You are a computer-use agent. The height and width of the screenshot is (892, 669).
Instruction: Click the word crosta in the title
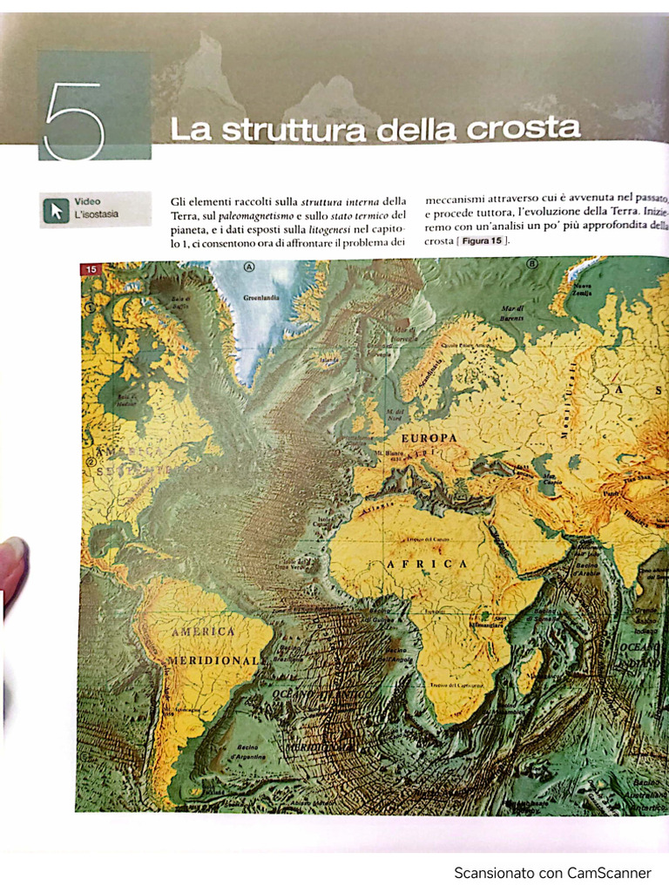(x=523, y=128)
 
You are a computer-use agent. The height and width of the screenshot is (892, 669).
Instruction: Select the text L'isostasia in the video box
(x=97, y=214)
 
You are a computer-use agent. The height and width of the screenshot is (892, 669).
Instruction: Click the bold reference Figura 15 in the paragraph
(x=482, y=240)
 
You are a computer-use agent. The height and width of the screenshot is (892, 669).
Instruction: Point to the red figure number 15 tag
(x=91, y=269)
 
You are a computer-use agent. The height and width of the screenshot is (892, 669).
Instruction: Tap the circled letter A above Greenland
(x=250, y=266)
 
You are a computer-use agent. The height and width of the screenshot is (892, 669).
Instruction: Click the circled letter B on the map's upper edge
(x=532, y=263)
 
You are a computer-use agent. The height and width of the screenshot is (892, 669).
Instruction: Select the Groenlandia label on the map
(x=261, y=297)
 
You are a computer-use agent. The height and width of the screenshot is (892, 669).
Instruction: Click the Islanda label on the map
(x=328, y=359)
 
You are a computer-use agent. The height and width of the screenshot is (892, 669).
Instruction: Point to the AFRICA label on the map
(x=427, y=564)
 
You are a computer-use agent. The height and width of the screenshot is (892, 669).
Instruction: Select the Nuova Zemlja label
(x=581, y=289)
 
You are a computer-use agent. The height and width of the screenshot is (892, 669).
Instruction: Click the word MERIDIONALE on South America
(x=214, y=661)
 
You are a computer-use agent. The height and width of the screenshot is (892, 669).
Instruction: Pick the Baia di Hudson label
(x=132, y=401)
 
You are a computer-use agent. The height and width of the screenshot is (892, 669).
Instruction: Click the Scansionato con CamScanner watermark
(x=552, y=872)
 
